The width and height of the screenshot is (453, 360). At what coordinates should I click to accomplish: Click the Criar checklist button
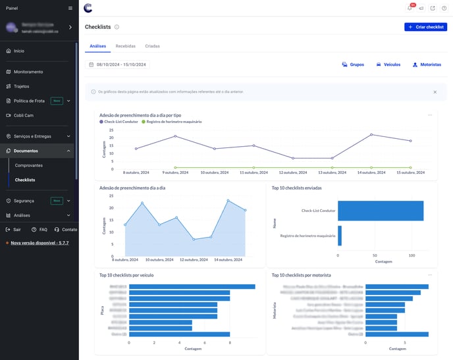coord(425,27)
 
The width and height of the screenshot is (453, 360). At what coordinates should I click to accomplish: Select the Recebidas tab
coord(125,46)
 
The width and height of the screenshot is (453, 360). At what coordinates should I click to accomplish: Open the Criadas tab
coord(152,46)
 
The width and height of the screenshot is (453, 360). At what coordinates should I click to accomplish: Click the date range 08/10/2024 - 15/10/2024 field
coord(119,64)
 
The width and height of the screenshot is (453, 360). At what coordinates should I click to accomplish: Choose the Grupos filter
coord(353,65)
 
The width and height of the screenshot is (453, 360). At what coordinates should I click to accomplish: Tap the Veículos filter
coord(388,65)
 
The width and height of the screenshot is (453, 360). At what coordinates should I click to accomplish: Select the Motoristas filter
coord(426,65)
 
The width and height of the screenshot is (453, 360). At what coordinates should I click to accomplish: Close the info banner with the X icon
coord(435,92)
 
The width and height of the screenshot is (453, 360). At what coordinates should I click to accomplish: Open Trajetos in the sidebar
coord(21,86)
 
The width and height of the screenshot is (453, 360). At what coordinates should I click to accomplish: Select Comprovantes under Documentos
coord(29,165)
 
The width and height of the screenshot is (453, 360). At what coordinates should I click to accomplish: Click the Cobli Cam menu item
coord(23,115)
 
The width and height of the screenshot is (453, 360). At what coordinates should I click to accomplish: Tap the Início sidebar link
coord(18,51)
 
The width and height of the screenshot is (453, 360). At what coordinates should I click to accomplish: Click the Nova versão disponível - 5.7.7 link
coord(39,243)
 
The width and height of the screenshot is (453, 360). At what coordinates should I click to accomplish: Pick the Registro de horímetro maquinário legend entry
coord(173,122)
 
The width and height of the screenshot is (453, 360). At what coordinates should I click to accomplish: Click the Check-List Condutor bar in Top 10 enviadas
coord(380,211)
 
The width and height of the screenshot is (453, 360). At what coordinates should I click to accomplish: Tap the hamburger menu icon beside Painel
coord(70,8)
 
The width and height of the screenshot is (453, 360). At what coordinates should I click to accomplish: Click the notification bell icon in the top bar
coord(410,8)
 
